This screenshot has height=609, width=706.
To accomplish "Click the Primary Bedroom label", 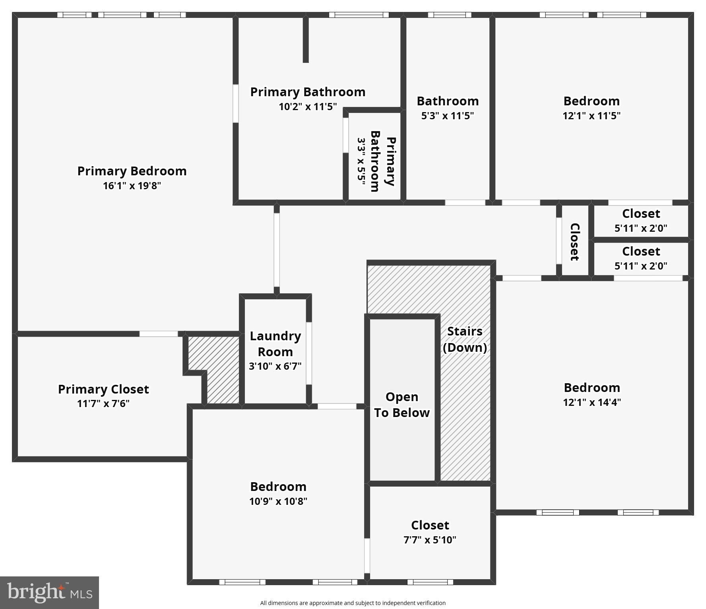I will pos(132,171).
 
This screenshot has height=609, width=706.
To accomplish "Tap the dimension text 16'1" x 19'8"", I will pos(132,186).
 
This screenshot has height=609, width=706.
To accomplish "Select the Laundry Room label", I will pos(275,344).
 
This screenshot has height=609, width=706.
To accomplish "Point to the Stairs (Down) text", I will pos(465,339).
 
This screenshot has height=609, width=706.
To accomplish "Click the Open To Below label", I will pos(401,405).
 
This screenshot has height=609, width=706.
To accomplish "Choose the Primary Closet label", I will pos(103,389).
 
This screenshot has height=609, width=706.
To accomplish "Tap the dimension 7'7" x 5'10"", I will pos(430,540).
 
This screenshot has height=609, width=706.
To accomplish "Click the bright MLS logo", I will pos(49,592).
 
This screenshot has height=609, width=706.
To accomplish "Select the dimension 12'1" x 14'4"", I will pos(592,402).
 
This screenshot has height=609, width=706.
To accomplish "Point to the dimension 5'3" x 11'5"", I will pos(447,116).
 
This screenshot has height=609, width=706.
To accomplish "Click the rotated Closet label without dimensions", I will pos(575,242).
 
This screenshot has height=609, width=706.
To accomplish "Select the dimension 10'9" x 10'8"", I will pos(278,501).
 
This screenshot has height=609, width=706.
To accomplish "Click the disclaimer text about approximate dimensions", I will pos(353,603).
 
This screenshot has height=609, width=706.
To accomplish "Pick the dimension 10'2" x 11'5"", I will pos(307,107).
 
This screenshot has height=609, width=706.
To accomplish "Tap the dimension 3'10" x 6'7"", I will pos(275,366).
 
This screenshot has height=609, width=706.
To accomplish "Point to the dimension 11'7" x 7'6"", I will pos(103,403).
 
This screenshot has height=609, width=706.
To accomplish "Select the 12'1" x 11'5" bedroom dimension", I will pos(591,116).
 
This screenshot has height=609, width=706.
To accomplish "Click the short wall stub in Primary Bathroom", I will pos(306,40).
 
